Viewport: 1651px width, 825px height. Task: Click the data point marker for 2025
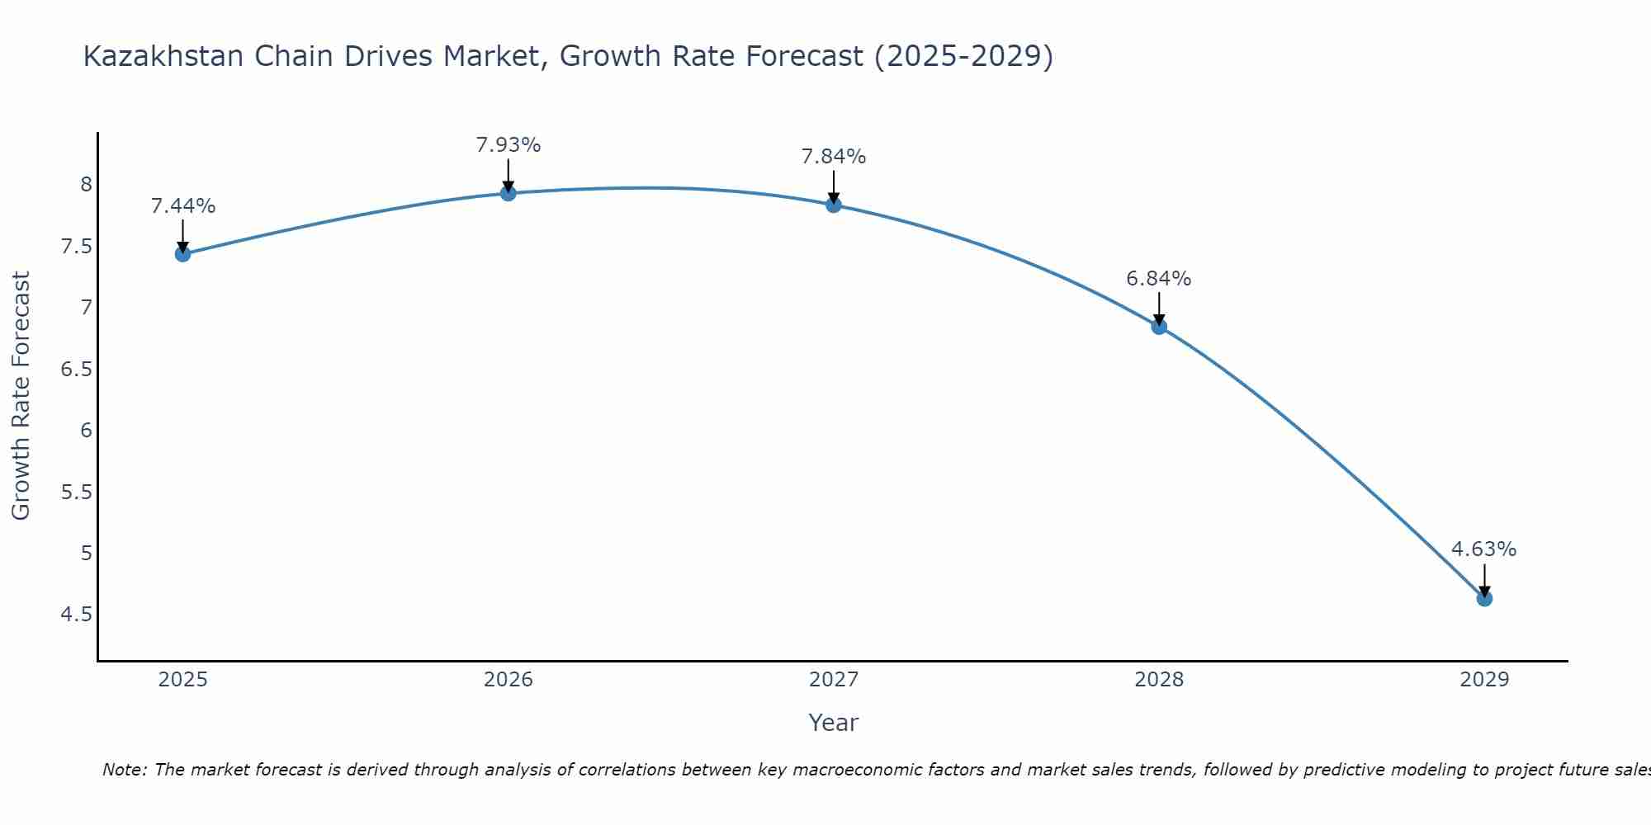click(183, 254)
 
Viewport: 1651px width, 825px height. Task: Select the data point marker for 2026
click(509, 193)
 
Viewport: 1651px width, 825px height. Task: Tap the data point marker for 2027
click(834, 205)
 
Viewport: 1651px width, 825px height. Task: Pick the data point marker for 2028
click(1159, 327)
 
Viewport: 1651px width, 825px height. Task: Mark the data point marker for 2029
click(1484, 598)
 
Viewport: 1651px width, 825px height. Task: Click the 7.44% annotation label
click(183, 206)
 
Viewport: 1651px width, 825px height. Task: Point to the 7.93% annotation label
click(509, 145)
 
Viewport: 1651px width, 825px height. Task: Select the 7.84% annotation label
click(834, 157)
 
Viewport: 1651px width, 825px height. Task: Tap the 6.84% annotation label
click(1159, 279)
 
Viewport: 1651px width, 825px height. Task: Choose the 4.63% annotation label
click(1484, 549)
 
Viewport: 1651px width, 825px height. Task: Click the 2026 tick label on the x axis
click(509, 680)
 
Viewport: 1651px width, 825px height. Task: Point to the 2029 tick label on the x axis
click(1484, 680)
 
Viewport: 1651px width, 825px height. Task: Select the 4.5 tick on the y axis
click(76, 615)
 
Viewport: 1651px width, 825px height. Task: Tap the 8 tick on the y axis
click(87, 185)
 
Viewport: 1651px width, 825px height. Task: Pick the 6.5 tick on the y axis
click(76, 369)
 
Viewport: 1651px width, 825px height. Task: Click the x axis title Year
click(834, 723)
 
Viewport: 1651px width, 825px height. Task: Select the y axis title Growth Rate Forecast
click(21, 396)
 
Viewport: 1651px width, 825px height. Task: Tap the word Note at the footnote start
click(125, 770)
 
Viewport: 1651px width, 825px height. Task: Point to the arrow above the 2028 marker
click(1159, 309)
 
